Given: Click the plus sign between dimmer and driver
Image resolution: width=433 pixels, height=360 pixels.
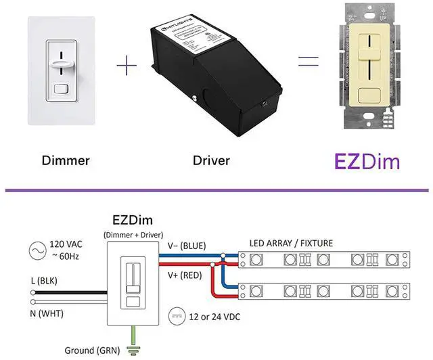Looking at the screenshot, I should [x=126, y=66].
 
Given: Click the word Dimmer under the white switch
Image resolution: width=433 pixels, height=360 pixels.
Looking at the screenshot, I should [x=66, y=161].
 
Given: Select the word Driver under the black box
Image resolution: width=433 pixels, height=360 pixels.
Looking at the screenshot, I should [x=211, y=161].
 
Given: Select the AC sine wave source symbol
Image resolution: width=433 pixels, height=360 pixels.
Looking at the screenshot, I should [x=32, y=250].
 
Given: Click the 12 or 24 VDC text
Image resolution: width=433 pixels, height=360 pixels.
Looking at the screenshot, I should [x=215, y=317].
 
